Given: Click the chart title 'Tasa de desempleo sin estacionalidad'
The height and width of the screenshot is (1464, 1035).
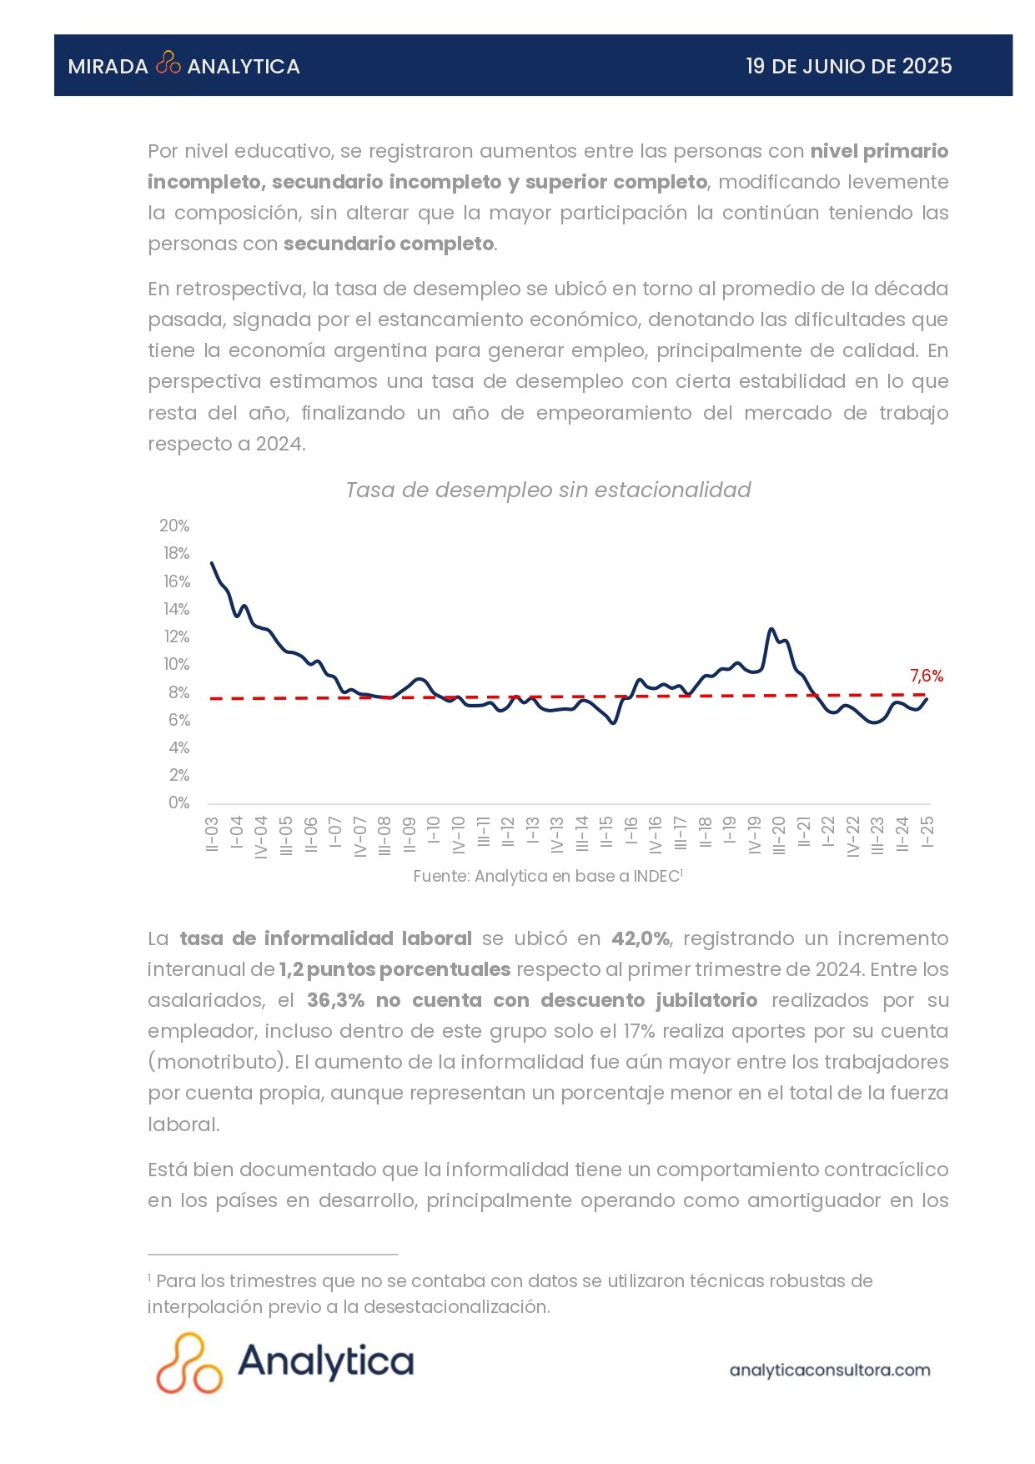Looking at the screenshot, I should click(548, 490).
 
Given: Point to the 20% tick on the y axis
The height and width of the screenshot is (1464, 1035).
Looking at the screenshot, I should click(174, 526).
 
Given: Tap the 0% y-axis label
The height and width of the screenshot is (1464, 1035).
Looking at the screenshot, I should click(178, 802).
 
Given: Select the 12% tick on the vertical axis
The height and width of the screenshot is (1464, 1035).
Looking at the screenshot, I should click(176, 636).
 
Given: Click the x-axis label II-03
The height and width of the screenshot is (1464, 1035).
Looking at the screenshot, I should click(212, 834).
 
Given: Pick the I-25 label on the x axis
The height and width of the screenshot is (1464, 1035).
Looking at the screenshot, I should click(927, 832).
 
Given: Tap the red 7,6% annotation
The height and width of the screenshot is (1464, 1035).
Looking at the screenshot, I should click(926, 676).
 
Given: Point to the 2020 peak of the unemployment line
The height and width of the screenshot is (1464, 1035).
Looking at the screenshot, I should click(771, 629).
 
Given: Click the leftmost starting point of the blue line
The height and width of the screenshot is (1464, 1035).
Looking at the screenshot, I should click(212, 563).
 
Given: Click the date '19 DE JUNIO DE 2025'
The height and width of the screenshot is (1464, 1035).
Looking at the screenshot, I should click(848, 67).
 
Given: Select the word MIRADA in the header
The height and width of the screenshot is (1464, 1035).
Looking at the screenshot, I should click(108, 67).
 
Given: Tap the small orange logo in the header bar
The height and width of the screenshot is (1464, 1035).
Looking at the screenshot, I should click(168, 63).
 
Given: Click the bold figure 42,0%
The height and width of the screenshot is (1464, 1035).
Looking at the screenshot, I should click(641, 938).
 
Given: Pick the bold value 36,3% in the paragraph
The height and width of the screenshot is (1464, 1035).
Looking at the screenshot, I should click(334, 1000).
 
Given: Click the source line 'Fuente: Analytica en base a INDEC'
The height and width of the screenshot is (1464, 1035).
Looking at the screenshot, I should click(547, 876).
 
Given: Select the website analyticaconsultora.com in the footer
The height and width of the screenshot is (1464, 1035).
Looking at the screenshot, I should click(829, 1370).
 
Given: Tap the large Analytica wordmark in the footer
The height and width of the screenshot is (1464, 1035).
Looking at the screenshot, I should click(325, 1361).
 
